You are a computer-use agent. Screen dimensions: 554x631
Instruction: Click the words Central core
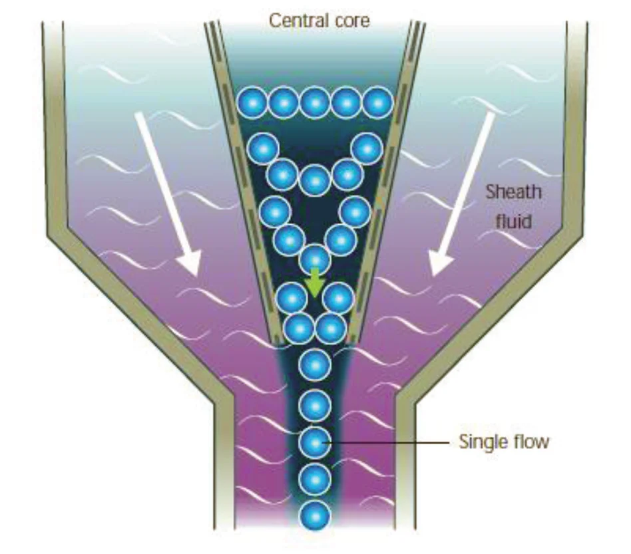(x=319, y=21)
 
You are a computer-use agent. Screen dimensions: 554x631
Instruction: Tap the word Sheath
(x=513, y=192)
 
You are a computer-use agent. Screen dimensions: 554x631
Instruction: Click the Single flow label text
(x=504, y=441)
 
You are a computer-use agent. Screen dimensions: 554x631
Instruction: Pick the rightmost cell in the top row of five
(x=378, y=102)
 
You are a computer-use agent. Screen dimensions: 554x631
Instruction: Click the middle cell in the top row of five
(x=315, y=102)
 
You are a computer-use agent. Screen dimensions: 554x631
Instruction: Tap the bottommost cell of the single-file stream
(x=315, y=515)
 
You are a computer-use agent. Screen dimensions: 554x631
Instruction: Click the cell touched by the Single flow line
(x=315, y=441)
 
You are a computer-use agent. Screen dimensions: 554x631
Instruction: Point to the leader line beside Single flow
(x=386, y=441)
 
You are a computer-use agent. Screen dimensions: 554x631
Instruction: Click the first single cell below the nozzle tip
(x=315, y=364)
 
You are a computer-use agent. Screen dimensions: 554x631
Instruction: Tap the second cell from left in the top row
(x=284, y=102)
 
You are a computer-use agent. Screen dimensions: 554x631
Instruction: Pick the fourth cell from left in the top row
(x=347, y=102)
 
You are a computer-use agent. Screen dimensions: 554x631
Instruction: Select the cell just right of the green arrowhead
(x=338, y=297)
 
